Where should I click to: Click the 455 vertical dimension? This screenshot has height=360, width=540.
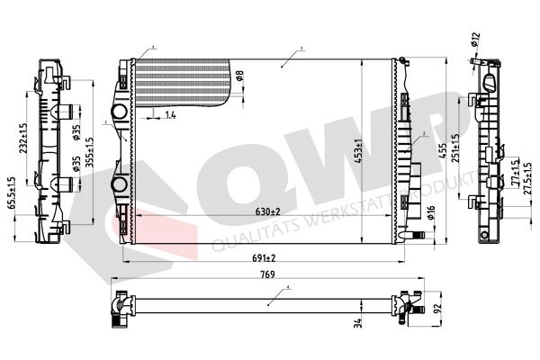pyautogui.click(x=441, y=153)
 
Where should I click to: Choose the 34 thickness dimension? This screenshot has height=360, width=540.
pyautogui.click(x=357, y=321)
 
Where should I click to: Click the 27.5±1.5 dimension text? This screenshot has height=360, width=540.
pyautogui.click(x=527, y=175)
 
